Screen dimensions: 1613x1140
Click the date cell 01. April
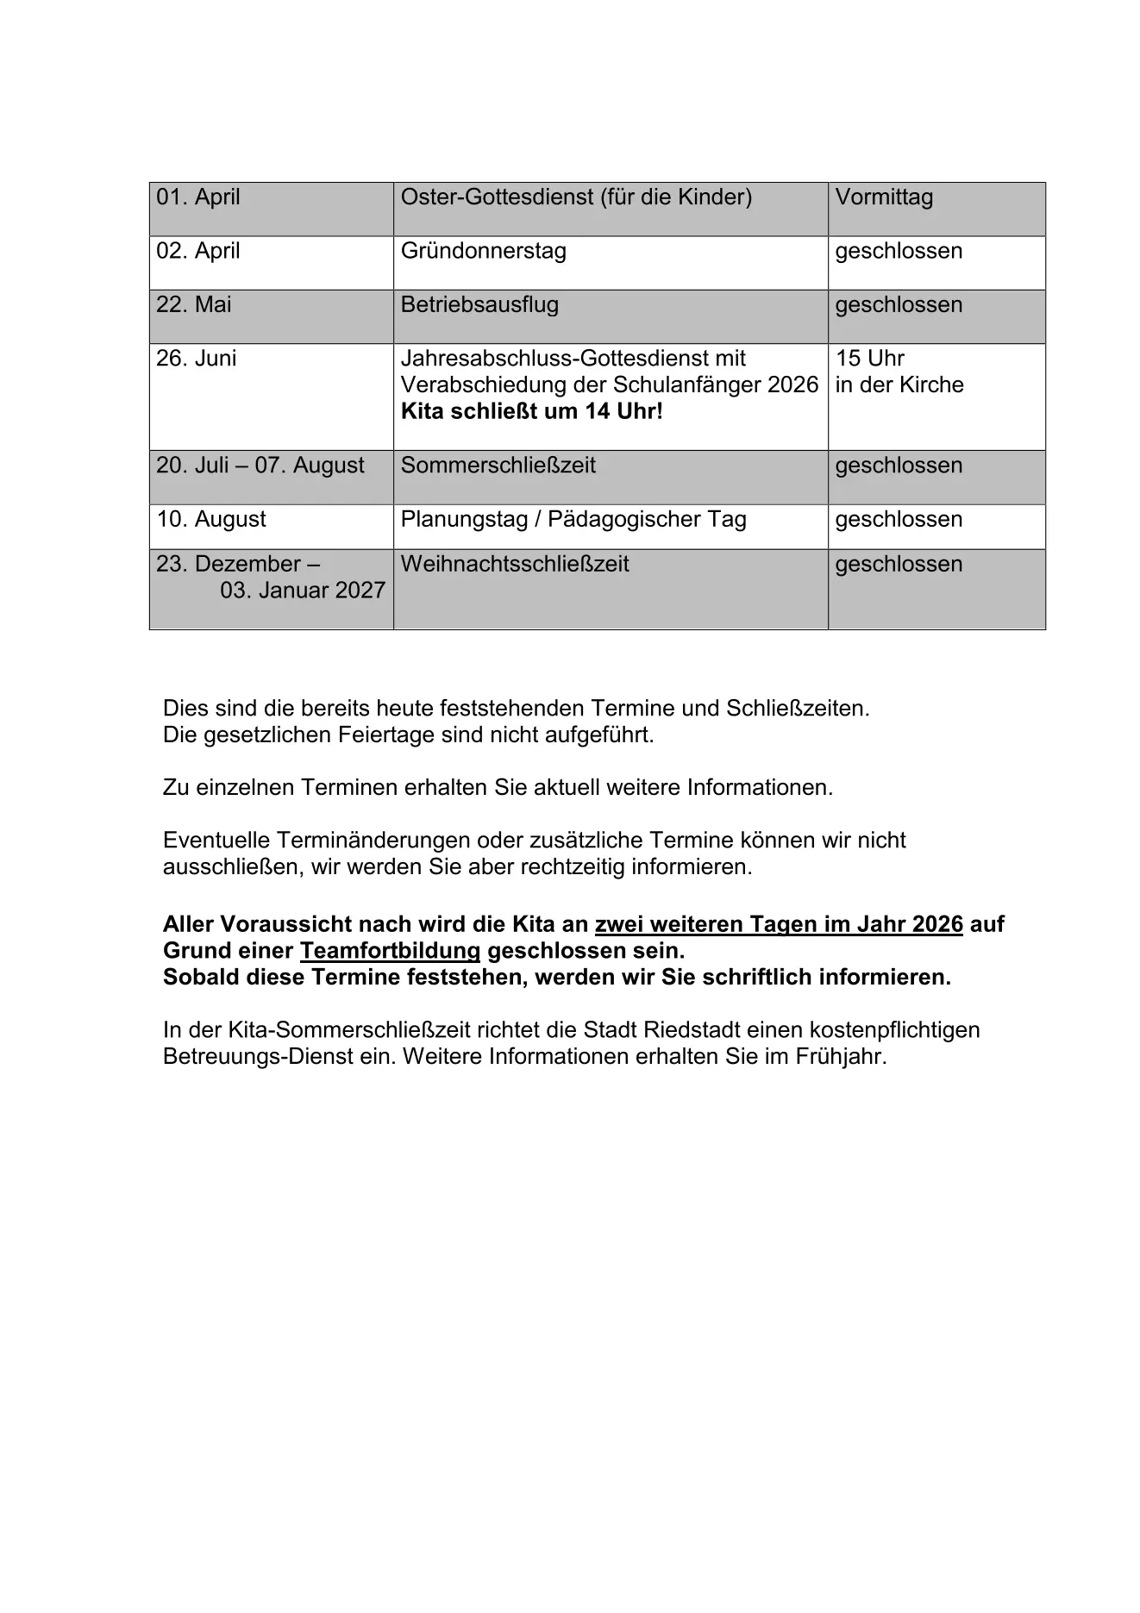click(198, 197)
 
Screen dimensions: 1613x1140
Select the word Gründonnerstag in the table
click(483, 251)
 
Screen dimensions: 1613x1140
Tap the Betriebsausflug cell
click(479, 304)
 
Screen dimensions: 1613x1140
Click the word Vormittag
click(884, 197)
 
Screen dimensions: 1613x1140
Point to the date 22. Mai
click(194, 304)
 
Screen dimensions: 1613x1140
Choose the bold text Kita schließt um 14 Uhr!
click(531, 411)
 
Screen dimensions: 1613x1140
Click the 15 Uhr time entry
click(869, 358)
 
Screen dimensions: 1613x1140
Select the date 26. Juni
click(196, 358)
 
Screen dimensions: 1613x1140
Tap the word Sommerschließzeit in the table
click(498, 466)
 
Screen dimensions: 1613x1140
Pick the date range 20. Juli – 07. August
click(260, 466)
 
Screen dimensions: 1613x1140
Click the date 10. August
click(211, 519)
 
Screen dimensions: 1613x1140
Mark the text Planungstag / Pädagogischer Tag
click(573, 519)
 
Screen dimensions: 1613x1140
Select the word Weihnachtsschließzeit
click(515, 564)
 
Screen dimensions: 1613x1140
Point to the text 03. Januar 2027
click(303, 591)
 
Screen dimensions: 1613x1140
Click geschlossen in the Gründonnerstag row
click(899, 251)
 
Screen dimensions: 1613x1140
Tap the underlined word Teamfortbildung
click(390, 951)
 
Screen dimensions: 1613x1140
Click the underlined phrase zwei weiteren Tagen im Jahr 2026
click(779, 924)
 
